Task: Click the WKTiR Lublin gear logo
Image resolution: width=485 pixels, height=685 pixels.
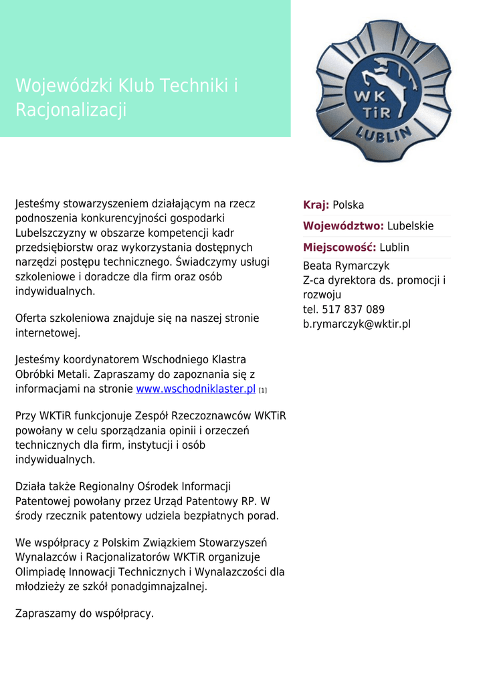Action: tap(383, 90)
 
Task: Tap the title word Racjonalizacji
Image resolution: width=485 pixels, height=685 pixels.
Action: tap(71, 110)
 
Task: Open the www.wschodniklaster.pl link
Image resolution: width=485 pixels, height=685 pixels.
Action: tap(196, 389)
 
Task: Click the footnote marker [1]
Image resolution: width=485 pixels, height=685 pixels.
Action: tap(263, 390)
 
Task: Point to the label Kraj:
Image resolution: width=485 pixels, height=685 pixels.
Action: tap(316, 205)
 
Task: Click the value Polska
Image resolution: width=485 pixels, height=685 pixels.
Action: tap(349, 205)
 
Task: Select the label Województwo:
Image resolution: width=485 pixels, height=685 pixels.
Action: tap(343, 226)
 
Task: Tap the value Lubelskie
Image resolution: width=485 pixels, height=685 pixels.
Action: tap(411, 226)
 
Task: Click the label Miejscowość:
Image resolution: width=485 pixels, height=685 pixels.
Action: tap(340, 248)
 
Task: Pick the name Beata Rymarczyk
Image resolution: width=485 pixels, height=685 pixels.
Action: tap(346, 266)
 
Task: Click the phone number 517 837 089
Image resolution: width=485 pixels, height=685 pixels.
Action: tap(353, 310)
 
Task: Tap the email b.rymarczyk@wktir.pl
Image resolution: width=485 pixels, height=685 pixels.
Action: tap(357, 324)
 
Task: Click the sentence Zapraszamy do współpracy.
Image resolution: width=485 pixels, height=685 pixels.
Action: tap(84, 613)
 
